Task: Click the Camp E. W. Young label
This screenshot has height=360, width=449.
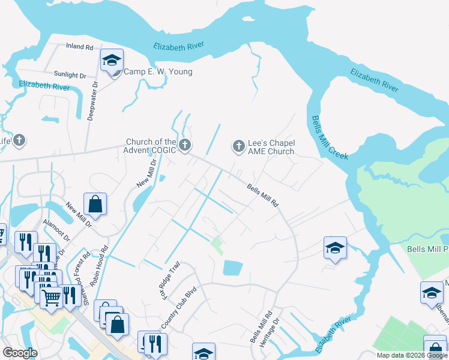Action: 158,72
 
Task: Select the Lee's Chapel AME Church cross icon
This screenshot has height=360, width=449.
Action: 238,145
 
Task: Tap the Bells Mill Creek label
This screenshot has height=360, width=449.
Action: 325,139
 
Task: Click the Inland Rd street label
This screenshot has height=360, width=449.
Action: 80,46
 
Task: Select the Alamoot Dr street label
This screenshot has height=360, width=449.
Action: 56,229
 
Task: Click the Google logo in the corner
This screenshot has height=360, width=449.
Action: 20,353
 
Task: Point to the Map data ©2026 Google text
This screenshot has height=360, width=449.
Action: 411,355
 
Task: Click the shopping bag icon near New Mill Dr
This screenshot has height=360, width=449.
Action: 95,205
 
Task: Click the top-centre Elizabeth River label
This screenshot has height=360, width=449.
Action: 179,46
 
